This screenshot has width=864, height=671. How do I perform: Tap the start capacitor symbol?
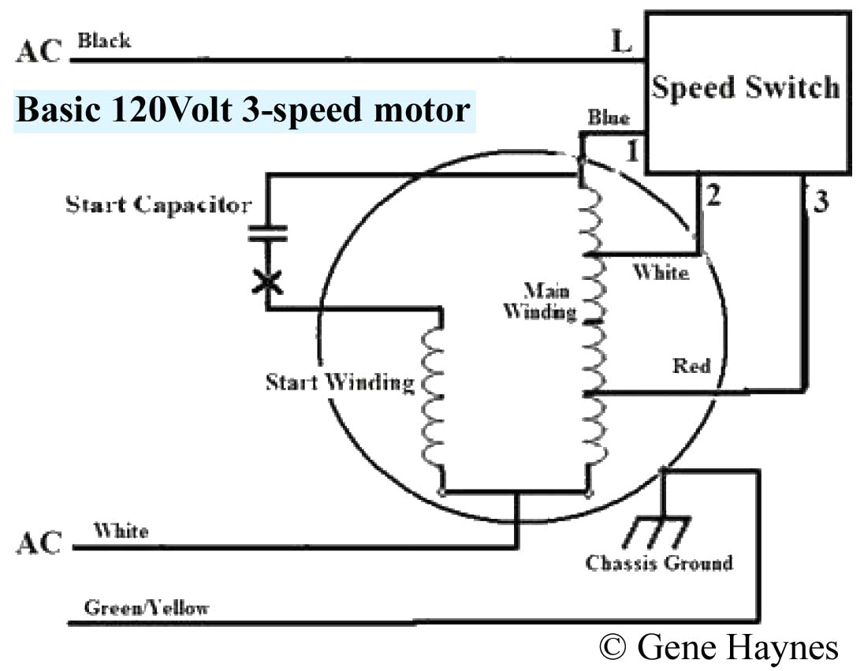coord(269,233)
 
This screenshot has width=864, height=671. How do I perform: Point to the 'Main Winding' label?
coord(540,300)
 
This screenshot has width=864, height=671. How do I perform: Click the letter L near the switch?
coord(622,42)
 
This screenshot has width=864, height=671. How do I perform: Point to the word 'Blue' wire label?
coord(609,118)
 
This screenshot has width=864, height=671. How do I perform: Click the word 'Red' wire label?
coord(691,366)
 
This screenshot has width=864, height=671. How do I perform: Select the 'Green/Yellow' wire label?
coord(147,608)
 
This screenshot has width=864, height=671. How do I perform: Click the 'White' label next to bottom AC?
coord(121,530)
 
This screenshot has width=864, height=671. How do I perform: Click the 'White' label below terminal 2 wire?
coord(661,273)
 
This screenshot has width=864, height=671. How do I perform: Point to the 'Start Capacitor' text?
coord(158,205)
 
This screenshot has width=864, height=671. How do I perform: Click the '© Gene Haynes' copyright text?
coord(718,647)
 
